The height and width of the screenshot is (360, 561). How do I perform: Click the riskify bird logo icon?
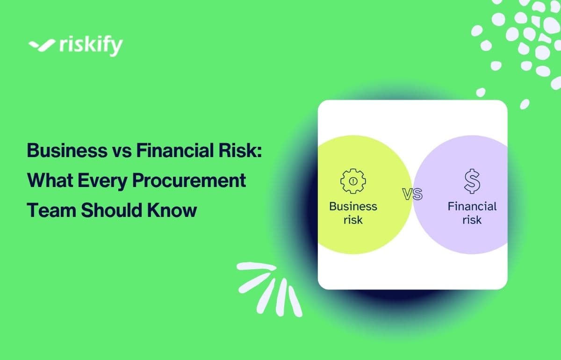click(x=43, y=45)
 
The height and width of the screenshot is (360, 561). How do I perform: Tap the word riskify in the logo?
click(x=91, y=46)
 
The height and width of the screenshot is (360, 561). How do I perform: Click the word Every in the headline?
click(x=105, y=180)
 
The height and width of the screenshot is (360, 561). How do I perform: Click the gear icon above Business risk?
click(x=353, y=181)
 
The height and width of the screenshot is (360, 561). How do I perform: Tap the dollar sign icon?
click(x=472, y=181)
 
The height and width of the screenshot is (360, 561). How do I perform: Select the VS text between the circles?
click(x=412, y=194)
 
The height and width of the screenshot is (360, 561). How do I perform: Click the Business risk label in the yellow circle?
click(x=353, y=213)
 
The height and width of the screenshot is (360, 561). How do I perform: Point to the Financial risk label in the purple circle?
click(x=472, y=213)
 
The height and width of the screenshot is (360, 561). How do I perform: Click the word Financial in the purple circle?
click(x=472, y=206)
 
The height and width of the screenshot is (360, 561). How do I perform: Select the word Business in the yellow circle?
click(x=353, y=206)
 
